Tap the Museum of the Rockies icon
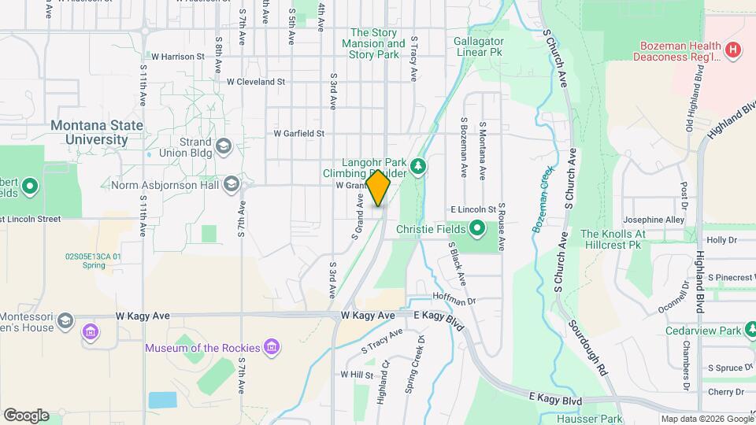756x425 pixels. tap(272, 347)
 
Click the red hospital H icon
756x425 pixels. tap(733, 50)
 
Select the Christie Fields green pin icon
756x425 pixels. tap(477, 230)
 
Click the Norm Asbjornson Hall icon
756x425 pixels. tap(232, 184)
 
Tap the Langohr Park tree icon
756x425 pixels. tap(419, 165)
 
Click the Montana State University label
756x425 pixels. tap(97, 132)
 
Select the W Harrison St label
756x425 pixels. tap(178, 57)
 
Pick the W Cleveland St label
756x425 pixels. tap(255, 81)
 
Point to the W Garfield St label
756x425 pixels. tap(298, 134)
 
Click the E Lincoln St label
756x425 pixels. tap(472, 210)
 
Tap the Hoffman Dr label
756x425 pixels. tap(454, 300)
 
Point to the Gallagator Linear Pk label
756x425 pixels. tap(478, 46)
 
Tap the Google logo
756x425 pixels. tap(26, 415)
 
